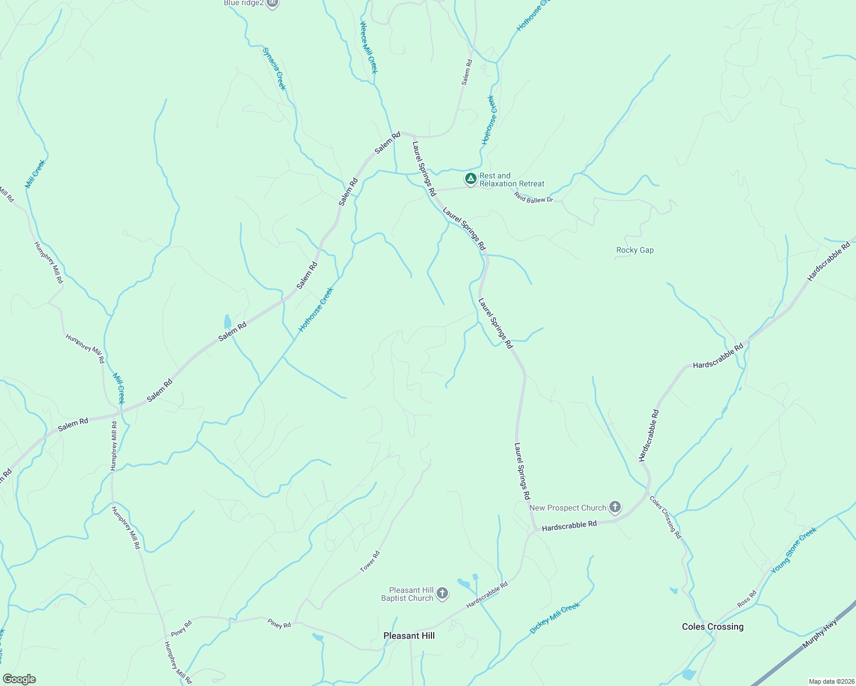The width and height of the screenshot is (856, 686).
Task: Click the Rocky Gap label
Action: tap(635, 250)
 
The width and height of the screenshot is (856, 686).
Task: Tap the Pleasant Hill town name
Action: tap(409, 636)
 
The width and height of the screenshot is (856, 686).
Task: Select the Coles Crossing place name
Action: tap(712, 627)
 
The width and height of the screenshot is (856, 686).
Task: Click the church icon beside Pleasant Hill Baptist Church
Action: tap(442, 594)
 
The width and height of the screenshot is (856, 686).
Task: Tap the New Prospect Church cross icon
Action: tap(615, 507)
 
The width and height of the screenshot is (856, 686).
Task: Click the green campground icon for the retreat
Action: tap(470, 180)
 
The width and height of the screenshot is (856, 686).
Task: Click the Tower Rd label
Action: tap(370, 561)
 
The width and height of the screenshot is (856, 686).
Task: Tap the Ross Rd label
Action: tap(747, 599)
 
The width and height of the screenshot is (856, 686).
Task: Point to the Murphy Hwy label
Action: tap(819, 633)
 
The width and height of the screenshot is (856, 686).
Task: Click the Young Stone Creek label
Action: tap(794, 551)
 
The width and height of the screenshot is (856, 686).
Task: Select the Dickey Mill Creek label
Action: tap(554, 617)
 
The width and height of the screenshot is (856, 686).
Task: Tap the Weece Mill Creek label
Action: tap(368, 47)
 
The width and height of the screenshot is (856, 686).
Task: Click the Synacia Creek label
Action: tap(274, 69)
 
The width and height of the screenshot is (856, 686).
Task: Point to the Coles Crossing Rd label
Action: tap(665, 517)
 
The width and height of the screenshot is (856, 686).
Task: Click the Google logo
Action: tap(19, 679)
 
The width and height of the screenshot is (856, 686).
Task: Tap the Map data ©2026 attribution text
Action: tap(830, 681)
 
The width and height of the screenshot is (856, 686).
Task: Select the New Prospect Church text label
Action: tap(568, 508)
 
